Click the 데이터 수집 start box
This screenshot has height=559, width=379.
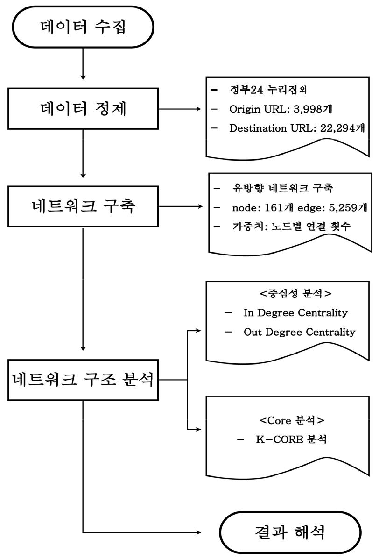pos(83,27)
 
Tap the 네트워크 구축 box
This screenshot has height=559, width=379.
pos(83,206)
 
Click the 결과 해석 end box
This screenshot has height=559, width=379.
pos(290,532)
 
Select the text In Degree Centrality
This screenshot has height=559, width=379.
pos(295,312)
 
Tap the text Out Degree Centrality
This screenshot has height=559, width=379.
pos(299,332)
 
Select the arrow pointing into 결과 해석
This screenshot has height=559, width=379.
pos(140,532)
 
